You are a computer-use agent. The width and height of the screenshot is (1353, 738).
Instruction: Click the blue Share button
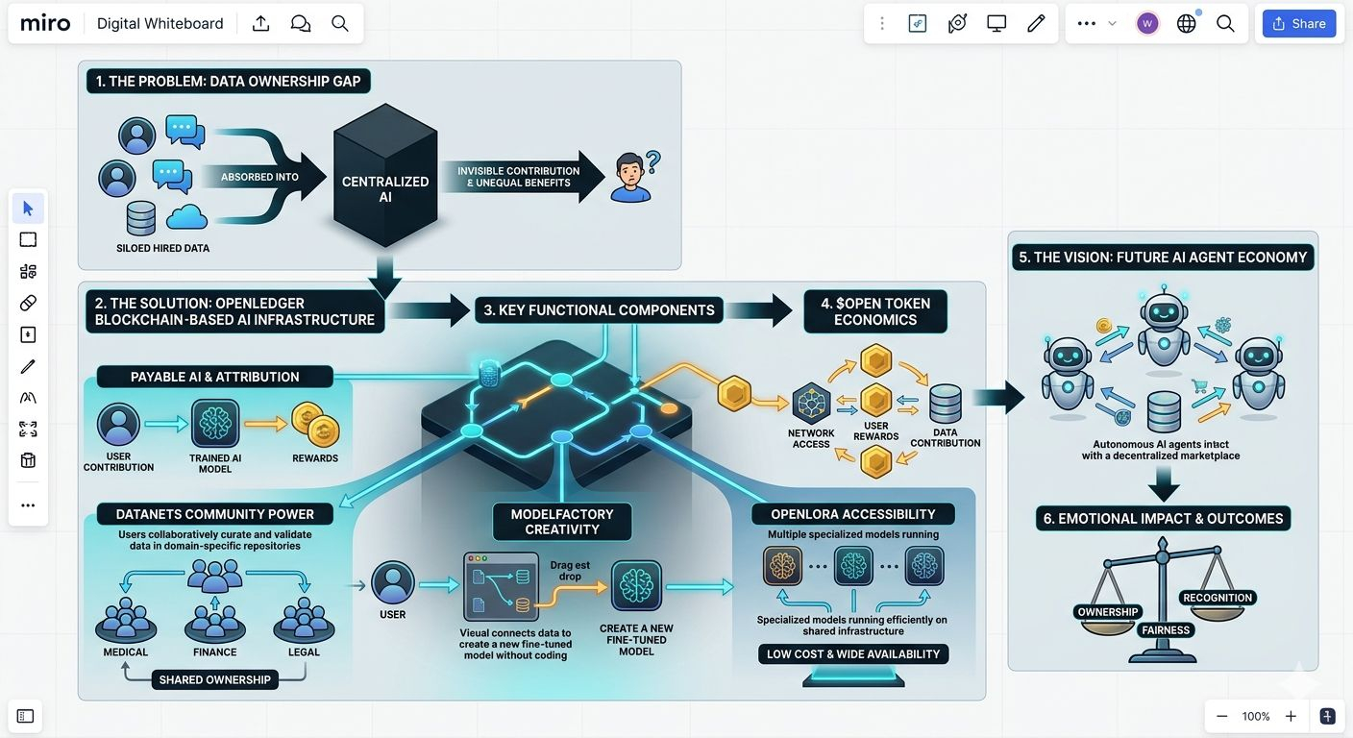[1298, 24]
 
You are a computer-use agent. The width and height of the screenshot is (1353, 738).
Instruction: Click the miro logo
[45, 24]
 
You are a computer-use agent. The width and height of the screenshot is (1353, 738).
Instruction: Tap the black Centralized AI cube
[385, 175]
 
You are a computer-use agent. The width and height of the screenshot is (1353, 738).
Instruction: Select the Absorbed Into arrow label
[259, 177]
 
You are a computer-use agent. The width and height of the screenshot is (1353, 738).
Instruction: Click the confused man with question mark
[634, 176]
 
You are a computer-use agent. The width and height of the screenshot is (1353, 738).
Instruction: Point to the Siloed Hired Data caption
[163, 248]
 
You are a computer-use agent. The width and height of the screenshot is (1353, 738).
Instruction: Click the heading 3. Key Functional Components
[599, 310]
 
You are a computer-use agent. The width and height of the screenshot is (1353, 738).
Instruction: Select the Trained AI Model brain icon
[215, 423]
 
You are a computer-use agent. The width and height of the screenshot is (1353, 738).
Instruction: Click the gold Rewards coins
[315, 425]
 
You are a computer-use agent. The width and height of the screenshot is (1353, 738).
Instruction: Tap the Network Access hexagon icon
[811, 403]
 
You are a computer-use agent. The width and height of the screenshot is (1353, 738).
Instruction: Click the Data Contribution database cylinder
[946, 404]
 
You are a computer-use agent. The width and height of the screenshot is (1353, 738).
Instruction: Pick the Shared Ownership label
[215, 680]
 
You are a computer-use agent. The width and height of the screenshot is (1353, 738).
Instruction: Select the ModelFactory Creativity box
[562, 522]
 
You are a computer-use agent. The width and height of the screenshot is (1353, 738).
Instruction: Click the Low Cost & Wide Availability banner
[853, 654]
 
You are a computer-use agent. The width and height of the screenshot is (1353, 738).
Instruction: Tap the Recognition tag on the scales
[1218, 598]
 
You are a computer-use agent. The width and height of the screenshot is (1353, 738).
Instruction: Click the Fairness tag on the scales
[1166, 630]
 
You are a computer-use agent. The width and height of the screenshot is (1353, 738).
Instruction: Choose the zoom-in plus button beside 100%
[1291, 716]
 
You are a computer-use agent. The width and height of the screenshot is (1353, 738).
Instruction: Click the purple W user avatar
[1147, 24]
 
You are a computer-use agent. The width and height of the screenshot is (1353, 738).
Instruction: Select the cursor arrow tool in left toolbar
[28, 209]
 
